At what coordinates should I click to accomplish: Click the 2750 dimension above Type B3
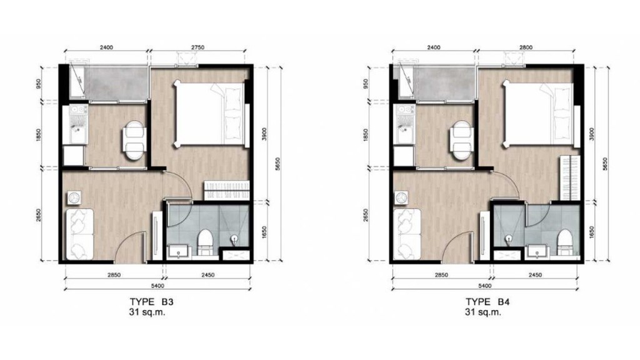pyautogui.click(x=197, y=47)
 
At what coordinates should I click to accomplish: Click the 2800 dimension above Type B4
pyautogui.click(x=526, y=47)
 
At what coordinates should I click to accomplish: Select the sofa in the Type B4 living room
pyautogui.click(x=407, y=234)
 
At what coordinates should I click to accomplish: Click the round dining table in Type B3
pyautogui.click(x=134, y=141)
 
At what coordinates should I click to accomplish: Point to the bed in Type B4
pyautogui.click(x=539, y=114)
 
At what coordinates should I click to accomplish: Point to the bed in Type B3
pyautogui.click(x=210, y=114)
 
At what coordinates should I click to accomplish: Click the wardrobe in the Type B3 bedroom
pyautogui.click(x=226, y=190)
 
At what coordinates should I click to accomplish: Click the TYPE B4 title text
pyautogui.click(x=487, y=302)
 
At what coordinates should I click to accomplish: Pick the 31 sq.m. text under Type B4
pyautogui.click(x=483, y=312)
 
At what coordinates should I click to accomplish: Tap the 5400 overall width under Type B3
pyautogui.click(x=157, y=286)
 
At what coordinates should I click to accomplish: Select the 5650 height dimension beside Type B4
pyautogui.click(x=605, y=164)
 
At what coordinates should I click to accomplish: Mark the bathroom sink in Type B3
pyautogui.click(x=178, y=251)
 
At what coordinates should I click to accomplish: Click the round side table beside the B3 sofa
pyautogui.click(x=74, y=198)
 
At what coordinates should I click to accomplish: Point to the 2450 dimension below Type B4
pyautogui.click(x=535, y=275)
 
